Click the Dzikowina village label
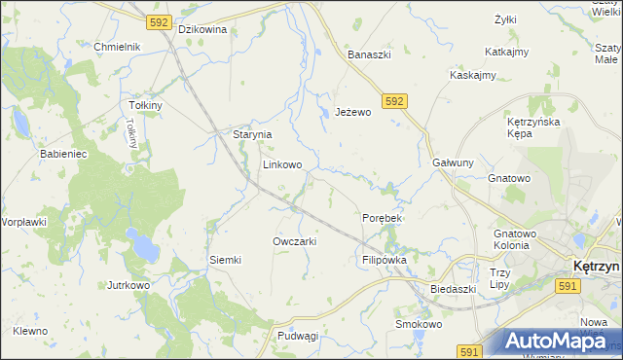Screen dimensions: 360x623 point(202,29)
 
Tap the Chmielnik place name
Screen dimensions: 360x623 point(118,47)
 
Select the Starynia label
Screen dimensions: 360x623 point(251,135)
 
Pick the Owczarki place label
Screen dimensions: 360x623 point(295,241)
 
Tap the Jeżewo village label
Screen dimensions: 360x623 point(353,113)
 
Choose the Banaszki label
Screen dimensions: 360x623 point(370,54)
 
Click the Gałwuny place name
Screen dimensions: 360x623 point(453,163)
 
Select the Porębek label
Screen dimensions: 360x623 point(382,218)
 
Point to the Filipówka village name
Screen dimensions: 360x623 point(384,261)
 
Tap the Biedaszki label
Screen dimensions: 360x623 point(453,289)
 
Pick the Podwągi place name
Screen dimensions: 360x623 point(298,336)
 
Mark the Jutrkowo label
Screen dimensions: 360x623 point(128,286)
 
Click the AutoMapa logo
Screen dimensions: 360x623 point(554,341)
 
